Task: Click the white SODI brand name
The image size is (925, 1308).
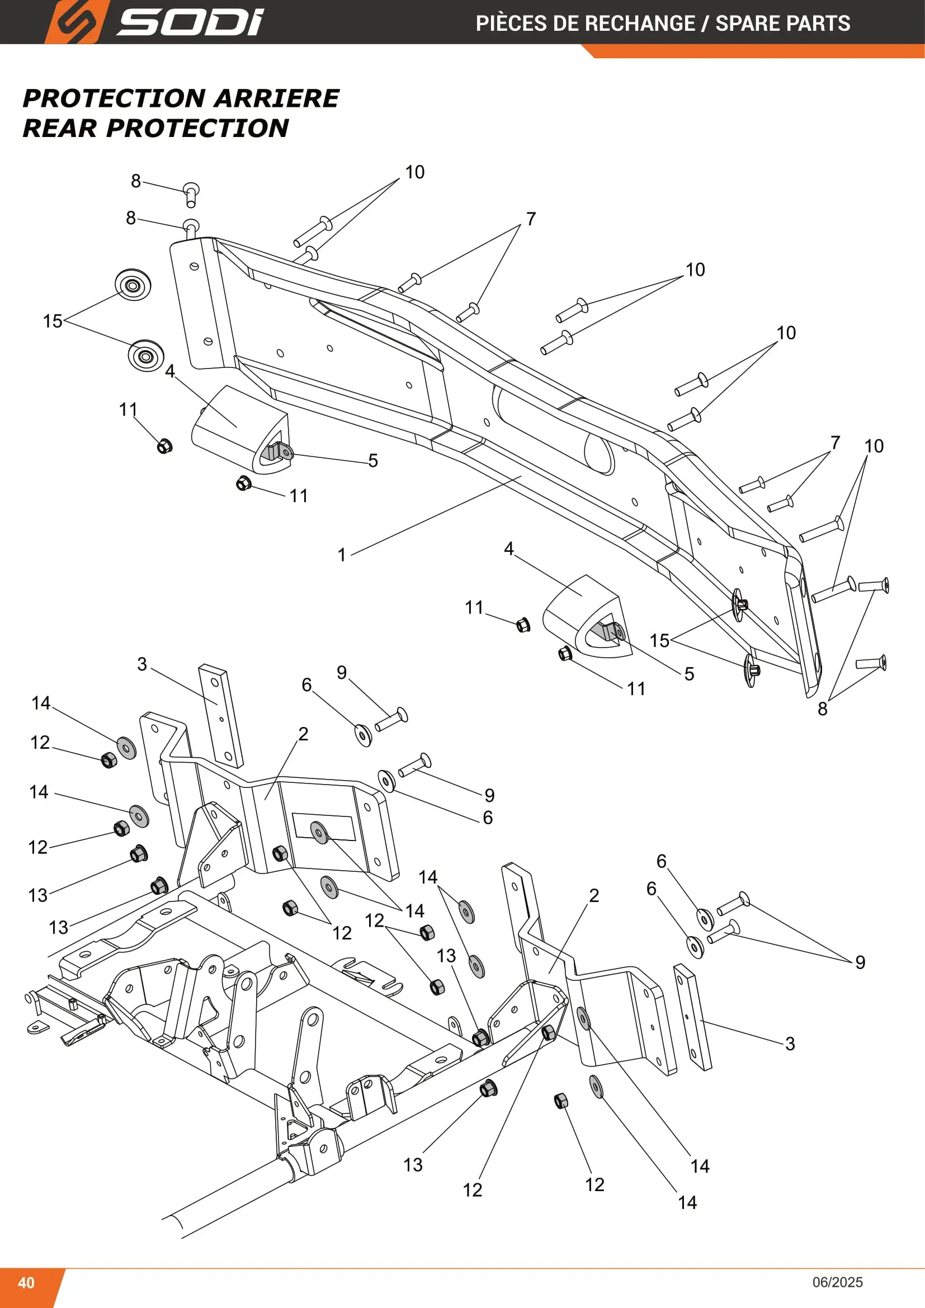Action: tap(190, 22)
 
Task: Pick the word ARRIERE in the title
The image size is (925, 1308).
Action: tap(277, 98)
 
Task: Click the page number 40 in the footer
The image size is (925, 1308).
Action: tap(26, 1282)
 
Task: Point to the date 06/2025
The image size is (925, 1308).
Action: tap(837, 1282)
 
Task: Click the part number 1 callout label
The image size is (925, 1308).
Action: tap(342, 554)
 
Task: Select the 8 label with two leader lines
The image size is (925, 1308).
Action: tap(823, 709)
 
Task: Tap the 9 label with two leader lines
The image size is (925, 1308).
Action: tap(860, 962)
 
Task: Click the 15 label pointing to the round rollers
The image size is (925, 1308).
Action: tap(53, 321)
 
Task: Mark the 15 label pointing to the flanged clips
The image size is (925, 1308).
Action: tap(659, 640)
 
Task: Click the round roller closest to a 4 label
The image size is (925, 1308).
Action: tap(146, 356)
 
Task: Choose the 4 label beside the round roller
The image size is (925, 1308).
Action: tap(170, 371)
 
